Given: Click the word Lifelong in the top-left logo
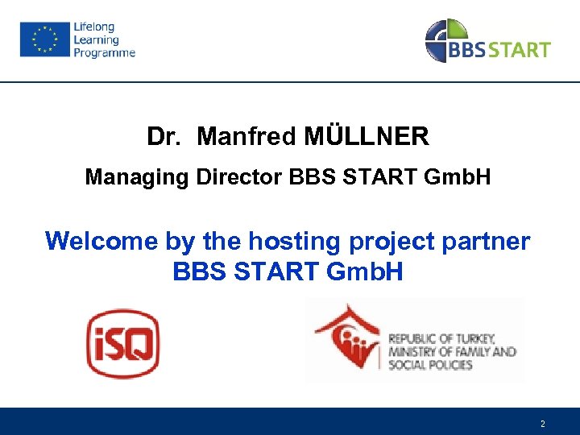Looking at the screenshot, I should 94,27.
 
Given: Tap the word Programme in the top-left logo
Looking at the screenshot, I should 105,53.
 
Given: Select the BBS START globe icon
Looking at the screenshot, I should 446,40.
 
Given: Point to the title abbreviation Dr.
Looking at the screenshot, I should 165,137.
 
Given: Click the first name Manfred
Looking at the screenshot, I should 247,137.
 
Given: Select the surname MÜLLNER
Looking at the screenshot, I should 367,137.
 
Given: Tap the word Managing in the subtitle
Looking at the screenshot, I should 137,176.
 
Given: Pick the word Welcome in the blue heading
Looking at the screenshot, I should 101,240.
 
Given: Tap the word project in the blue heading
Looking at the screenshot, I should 389,240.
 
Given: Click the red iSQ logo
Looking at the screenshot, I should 123,344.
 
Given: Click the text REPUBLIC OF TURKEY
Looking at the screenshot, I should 441,338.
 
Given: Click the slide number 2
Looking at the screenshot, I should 543,424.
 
